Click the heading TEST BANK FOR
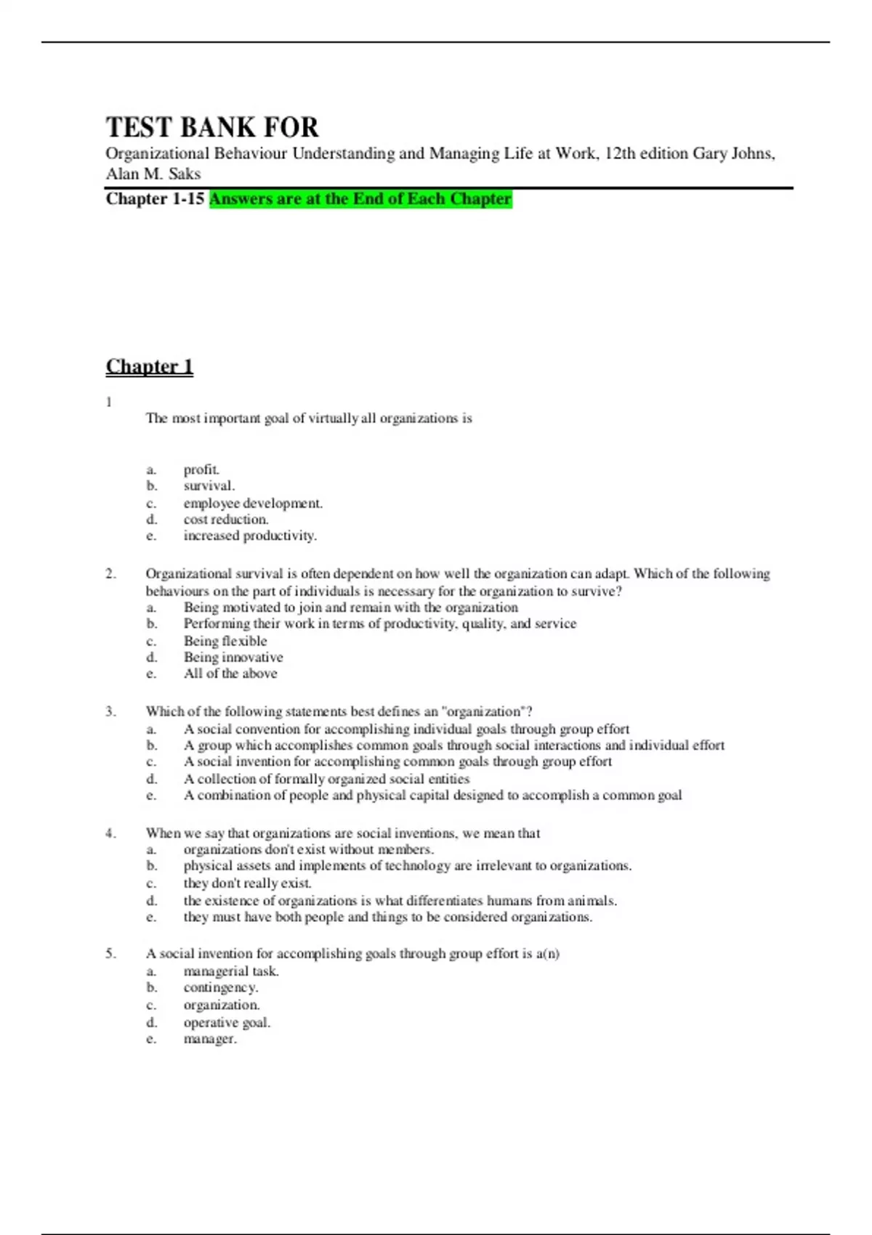click(212, 127)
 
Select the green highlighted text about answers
click(360, 199)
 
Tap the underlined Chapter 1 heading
click(150, 366)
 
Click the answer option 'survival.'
click(209, 486)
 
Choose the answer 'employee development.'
click(253, 503)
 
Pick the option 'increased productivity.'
click(250, 536)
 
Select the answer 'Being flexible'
click(225, 641)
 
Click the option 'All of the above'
click(230, 673)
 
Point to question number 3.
click(110, 712)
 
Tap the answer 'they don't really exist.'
click(247, 883)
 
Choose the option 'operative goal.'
click(227, 1023)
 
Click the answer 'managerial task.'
click(231, 971)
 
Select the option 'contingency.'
click(221, 988)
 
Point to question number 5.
click(110, 954)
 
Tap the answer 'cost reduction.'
click(226, 519)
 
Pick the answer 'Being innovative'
click(233, 657)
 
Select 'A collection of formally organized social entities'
click(326, 779)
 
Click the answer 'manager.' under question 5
click(210, 1039)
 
